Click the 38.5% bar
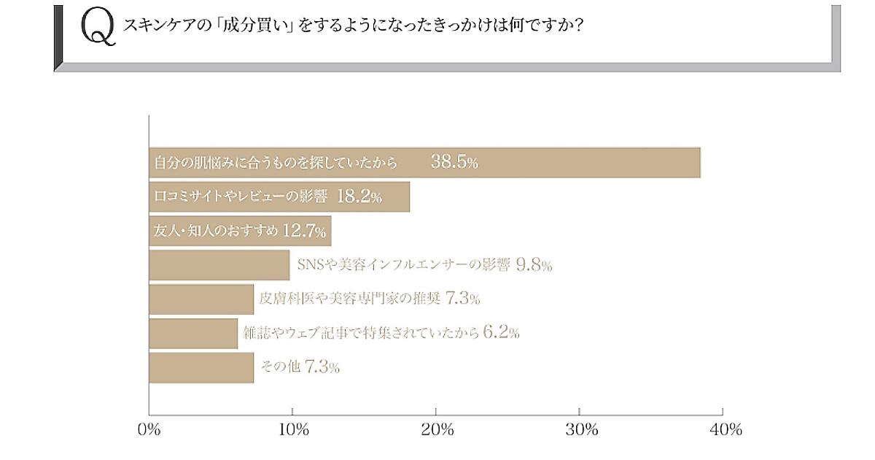click(x=424, y=163)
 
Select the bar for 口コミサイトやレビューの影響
click(x=279, y=196)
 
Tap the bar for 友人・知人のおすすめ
click(x=240, y=231)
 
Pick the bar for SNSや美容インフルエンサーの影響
click(x=219, y=265)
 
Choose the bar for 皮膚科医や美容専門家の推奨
click(x=201, y=299)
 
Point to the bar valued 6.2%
click(x=193, y=333)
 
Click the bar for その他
click(x=201, y=367)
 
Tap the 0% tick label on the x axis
click(x=149, y=430)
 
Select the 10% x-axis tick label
click(x=292, y=430)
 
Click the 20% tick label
click(x=435, y=430)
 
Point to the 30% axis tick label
click(x=579, y=430)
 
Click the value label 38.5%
click(x=454, y=163)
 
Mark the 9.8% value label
click(x=534, y=265)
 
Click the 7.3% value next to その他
click(x=322, y=367)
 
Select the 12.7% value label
click(x=303, y=231)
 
